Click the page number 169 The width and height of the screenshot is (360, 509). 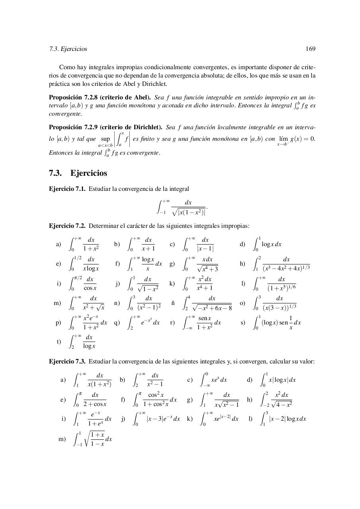(x=310, y=49)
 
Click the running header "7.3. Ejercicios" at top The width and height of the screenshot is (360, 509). (x=68, y=49)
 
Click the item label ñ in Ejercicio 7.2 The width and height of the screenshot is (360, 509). (x=173, y=303)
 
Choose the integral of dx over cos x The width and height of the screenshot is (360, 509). (x=84, y=284)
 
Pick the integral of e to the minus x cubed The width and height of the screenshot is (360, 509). (x=144, y=322)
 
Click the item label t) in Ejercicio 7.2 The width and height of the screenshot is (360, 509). (x=59, y=341)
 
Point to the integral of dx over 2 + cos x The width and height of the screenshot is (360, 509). (x=90, y=399)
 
